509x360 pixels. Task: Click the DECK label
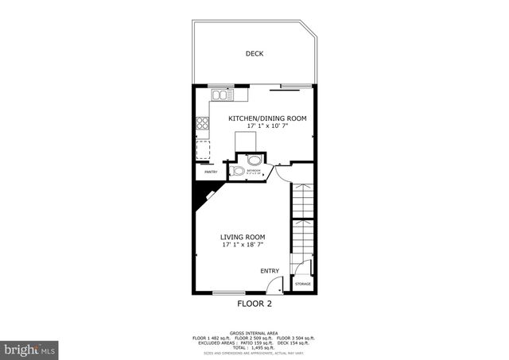coord(254,54)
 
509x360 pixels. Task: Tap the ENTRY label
coord(270,270)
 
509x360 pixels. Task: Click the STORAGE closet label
coord(303,284)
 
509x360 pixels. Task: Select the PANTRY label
coord(211,172)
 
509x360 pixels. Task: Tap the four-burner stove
coord(203,122)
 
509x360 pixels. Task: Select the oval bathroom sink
coord(254,159)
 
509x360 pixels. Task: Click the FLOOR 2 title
coord(254,304)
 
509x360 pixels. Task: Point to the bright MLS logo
coord(29,348)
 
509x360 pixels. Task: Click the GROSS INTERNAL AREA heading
coord(254,332)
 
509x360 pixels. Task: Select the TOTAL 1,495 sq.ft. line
coord(254,347)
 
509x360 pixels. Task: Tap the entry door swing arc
coord(274,285)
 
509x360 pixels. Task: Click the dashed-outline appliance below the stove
coord(203,149)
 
